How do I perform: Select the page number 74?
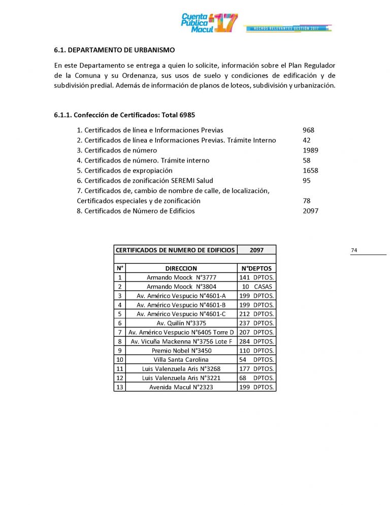tap(354, 250)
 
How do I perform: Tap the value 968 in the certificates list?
tap(308, 130)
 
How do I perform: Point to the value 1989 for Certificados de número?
tap(310, 150)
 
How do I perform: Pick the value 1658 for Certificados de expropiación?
tap(310, 171)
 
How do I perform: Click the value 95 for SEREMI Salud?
tap(306, 180)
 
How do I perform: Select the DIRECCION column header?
tap(181, 268)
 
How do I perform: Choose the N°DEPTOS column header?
tap(256, 268)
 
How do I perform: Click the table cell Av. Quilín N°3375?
tap(181, 323)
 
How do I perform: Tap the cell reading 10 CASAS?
tap(256, 287)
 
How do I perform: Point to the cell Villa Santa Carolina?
tap(181, 360)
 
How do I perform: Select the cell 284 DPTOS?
tap(256, 341)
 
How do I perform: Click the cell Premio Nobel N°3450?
tap(181, 351)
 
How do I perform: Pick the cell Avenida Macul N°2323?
tap(181, 387)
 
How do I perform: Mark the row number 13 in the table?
tap(119, 387)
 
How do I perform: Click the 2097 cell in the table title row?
tap(256, 250)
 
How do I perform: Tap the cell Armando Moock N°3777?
tap(181, 277)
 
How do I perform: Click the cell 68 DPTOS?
tap(256, 378)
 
